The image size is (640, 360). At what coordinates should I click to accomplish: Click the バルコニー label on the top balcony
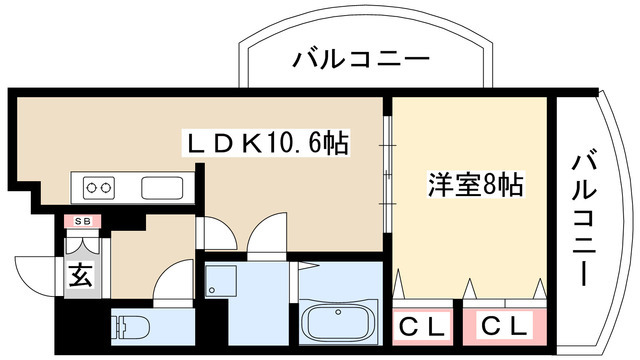(361, 60)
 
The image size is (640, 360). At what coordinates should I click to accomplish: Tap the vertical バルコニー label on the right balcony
(586, 216)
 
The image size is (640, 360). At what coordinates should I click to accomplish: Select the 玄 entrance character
(80, 277)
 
